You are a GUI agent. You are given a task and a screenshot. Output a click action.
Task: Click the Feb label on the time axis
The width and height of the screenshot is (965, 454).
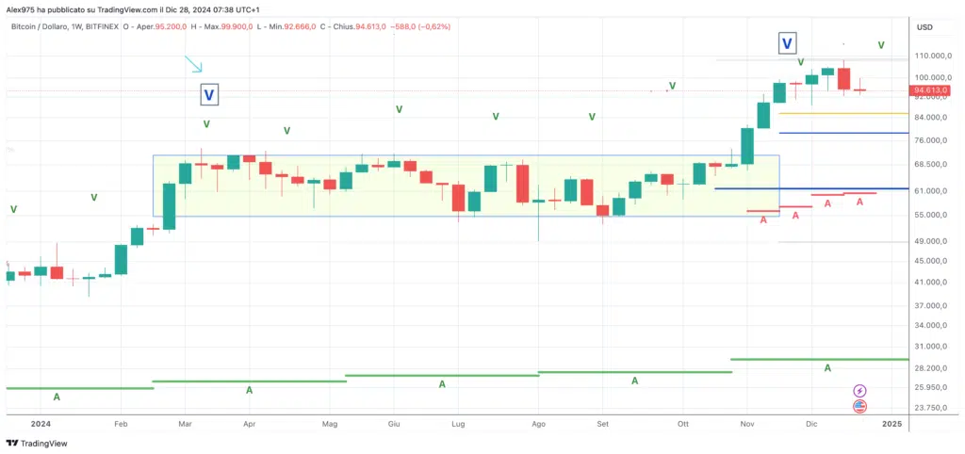[x=121, y=425]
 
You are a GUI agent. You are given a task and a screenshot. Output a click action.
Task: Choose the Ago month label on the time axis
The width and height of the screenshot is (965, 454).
[x=538, y=425]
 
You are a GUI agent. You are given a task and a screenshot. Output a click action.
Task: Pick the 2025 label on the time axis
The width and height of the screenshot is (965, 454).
[x=891, y=425]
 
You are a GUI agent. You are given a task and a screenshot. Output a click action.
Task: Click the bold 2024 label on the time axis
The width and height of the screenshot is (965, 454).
[x=41, y=425]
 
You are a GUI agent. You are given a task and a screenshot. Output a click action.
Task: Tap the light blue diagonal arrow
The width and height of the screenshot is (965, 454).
[x=193, y=64]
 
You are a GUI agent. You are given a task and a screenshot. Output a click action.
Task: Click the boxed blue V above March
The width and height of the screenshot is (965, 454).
[x=209, y=94]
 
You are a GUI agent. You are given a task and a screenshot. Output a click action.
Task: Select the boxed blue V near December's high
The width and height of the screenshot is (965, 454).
[x=787, y=42]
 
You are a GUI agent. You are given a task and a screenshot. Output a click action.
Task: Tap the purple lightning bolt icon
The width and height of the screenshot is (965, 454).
[x=859, y=390]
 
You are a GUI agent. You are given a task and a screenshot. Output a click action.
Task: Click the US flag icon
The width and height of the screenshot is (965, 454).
[x=859, y=407]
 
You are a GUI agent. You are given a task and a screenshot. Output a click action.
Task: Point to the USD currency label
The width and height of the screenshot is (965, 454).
[x=924, y=27]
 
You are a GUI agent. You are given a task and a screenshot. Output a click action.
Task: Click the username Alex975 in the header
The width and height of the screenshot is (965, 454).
[x=24, y=8]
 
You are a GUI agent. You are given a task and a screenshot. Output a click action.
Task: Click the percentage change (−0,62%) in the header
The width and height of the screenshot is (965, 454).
[x=433, y=26]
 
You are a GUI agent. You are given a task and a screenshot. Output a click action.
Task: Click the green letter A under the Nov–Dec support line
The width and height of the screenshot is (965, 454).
[x=827, y=367]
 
